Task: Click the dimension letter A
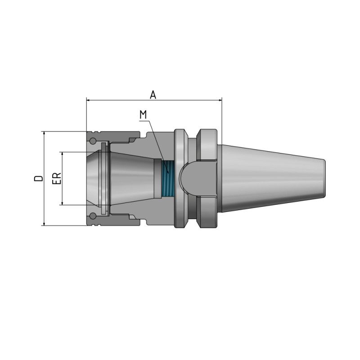point(153,94)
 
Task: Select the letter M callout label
point(143,114)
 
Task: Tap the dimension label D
point(39,178)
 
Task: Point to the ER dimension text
point(57,178)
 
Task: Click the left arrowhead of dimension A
point(89,100)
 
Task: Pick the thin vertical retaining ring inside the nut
point(104,178)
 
